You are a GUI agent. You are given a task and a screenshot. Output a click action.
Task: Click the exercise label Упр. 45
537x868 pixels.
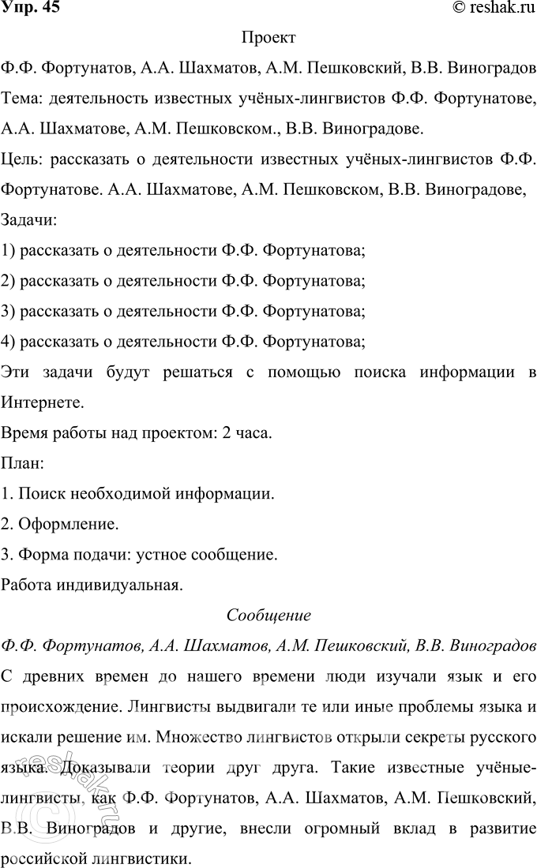point(30,9)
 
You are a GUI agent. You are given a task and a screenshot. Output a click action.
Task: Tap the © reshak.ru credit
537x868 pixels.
point(492,9)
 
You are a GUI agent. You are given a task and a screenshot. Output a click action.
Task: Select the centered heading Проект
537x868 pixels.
point(268,38)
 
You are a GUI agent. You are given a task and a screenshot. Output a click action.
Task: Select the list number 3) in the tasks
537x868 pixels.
point(9,312)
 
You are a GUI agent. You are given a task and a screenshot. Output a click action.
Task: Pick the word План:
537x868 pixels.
point(23,463)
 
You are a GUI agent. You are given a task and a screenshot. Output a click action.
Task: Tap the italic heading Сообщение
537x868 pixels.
point(268,615)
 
